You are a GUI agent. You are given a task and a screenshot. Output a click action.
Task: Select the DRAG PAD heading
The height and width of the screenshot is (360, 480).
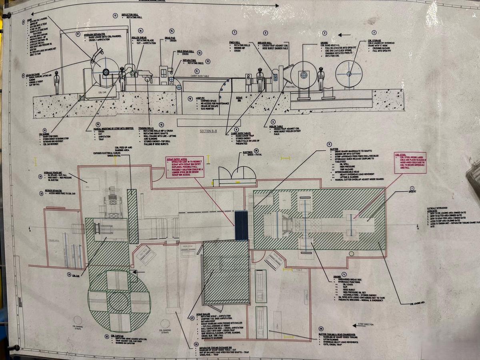tap(170, 38)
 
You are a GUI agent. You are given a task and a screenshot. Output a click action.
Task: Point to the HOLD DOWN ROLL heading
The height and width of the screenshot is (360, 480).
tap(185, 52)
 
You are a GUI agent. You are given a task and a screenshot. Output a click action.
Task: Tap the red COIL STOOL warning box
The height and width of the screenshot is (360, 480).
tap(410, 162)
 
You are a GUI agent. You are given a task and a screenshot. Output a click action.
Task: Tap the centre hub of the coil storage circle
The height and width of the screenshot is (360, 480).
tap(349, 74)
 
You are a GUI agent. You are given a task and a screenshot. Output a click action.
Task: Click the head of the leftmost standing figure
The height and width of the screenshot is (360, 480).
tap(57, 73)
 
